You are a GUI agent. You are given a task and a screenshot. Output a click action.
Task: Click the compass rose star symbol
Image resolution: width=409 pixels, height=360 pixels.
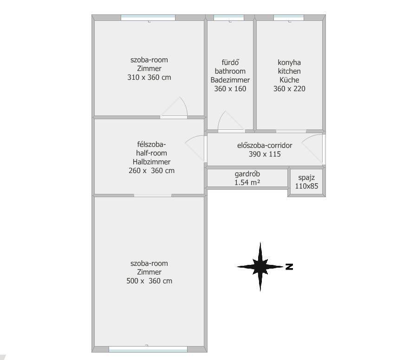click(260, 266)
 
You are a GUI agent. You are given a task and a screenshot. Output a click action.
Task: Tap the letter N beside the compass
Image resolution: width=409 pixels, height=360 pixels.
click(289, 267)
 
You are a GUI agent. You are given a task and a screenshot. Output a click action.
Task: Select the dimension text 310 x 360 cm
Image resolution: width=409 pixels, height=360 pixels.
click(149, 77)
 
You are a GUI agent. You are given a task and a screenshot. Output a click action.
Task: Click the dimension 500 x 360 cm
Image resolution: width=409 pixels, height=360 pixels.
click(149, 281)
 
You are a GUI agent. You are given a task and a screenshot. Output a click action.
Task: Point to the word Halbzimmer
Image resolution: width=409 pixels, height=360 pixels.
click(151, 162)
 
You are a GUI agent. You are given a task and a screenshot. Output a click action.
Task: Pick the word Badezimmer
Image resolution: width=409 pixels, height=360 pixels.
click(230, 80)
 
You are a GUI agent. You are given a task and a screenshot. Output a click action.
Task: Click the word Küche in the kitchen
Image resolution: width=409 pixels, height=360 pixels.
click(289, 80)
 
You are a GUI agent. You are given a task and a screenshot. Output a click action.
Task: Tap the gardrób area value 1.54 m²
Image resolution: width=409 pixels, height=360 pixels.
click(247, 182)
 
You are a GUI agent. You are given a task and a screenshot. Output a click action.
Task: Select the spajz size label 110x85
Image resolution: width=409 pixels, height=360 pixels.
click(306, 186)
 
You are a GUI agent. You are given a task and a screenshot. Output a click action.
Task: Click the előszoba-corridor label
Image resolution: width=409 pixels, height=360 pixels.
click(265, 146)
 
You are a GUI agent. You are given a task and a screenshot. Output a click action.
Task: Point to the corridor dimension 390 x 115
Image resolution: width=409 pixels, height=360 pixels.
click(265, 154)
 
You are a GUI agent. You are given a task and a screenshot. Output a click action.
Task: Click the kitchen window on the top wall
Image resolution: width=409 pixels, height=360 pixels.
click(289, 18)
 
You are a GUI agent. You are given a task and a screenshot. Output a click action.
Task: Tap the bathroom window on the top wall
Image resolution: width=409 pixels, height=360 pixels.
click(229, 18)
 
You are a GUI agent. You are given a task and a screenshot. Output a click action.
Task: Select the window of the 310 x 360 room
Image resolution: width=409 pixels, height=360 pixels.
click(148, 18)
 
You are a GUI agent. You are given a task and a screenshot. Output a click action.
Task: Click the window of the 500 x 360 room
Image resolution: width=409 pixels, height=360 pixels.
click(148, 349)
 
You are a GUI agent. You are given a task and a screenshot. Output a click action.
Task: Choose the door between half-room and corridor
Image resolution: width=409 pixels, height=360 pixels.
click(195, 148)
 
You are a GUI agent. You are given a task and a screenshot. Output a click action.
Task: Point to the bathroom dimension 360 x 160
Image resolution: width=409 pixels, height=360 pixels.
click(230, 89)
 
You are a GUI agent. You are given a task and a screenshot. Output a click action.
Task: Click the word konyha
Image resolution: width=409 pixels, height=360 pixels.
click(289, 63)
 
